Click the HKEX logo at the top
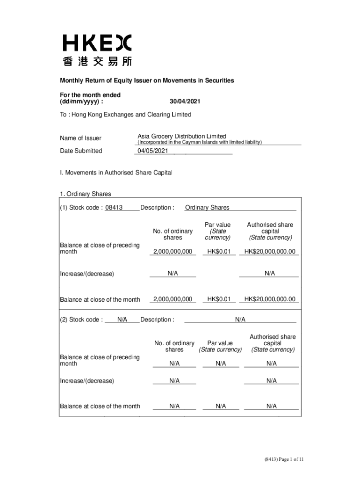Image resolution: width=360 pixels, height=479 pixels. tap(97, 43)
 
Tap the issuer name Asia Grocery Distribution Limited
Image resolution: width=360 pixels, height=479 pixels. tap(182, 136)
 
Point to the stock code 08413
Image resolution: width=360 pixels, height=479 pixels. tap(114, 208)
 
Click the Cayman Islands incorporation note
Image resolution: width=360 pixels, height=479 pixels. tap(199, 142)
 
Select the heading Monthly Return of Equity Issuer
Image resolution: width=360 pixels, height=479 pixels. tap(147, 80)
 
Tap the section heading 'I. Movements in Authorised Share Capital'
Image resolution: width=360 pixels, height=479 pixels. tap(116, 173)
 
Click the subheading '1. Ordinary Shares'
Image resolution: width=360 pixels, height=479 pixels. tap(85, 194)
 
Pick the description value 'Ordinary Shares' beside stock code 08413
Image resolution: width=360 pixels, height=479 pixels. tap(207, 208)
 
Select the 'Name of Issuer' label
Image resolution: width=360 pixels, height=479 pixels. tap(80, 138)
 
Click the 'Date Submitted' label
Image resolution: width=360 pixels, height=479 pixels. tap(81, 151)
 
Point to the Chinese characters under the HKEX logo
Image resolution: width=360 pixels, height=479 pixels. tap(97, 61)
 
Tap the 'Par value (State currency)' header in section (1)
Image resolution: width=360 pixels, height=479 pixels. tap(218, 231)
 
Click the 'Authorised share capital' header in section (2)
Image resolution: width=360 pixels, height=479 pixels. tap(273, 343)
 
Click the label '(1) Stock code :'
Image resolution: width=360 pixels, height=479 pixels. tap(81, 208)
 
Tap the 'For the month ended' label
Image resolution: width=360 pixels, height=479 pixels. tap(90, 95)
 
